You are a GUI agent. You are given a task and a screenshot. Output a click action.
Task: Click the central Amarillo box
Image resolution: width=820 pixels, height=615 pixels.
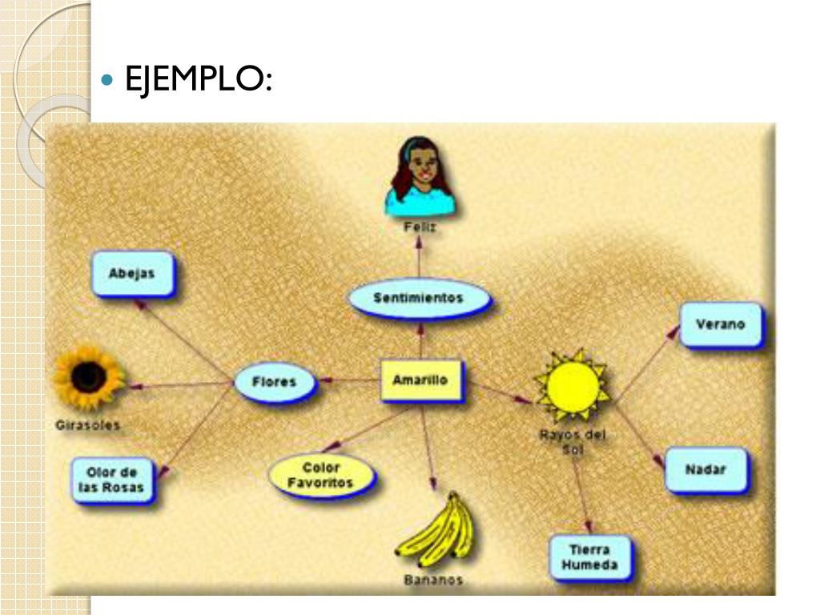[420, 380]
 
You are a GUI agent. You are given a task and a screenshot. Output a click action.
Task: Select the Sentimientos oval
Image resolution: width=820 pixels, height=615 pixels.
[419, 298]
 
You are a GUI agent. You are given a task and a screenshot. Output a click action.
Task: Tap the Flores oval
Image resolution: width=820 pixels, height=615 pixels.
[275, 382]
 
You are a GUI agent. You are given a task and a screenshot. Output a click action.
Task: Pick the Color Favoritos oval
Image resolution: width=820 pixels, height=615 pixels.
[321, 475]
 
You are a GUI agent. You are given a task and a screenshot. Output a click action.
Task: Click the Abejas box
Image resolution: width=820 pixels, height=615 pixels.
[131, 274]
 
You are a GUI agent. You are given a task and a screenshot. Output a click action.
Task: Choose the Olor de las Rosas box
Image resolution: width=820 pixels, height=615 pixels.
[111, 480]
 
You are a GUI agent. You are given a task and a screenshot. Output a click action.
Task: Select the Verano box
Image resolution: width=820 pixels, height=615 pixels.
[720, 324]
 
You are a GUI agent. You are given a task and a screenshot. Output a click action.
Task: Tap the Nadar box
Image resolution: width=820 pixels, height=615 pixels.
[705, 469]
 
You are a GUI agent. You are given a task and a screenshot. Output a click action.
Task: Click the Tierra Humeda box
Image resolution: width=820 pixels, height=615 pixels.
[589, 557]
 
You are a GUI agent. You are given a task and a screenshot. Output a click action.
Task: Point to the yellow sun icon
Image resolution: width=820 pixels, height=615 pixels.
[572, 385]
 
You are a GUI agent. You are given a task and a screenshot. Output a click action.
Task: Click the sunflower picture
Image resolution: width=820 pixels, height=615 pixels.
[89, 376]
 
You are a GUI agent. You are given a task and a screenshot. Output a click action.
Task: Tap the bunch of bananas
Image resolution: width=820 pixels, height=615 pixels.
[436, 529]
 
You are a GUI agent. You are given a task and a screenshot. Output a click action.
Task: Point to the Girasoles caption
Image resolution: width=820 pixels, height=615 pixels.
[88, 425]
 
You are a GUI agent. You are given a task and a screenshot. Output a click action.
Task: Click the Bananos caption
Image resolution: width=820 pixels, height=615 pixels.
[433, 580]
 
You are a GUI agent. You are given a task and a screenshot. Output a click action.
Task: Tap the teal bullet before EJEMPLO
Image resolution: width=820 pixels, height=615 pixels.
[110, 80]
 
